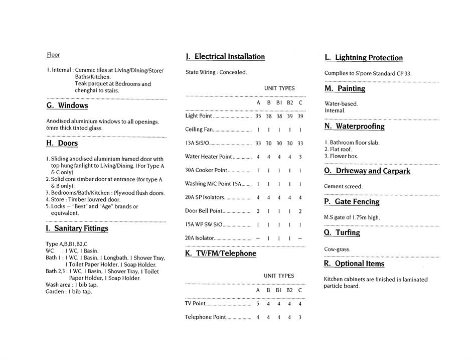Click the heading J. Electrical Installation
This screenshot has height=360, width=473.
[x=225, y=57]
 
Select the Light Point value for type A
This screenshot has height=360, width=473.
[x=258, y=116]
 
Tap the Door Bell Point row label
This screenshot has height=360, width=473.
[x=204, y=211]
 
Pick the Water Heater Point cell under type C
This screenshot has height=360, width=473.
[x=300, y=157]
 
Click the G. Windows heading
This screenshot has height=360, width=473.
[x=67, y=105]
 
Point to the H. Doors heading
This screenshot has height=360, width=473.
[x=62, y=143]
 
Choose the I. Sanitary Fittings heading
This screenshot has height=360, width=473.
[x=77, y=228]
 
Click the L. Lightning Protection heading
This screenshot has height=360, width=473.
[x=364, y=58]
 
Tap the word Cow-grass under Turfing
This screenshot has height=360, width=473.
[x=337, y=249]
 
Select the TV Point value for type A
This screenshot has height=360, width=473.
[x=258, y=303]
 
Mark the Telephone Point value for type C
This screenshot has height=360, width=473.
[x=300, y=317]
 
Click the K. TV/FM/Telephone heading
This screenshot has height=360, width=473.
[x=221, y=254]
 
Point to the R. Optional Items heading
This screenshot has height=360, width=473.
[x=354, y=264]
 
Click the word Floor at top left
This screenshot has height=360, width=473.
[x=53, y=55]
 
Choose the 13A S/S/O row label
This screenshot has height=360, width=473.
[x=197, y=143]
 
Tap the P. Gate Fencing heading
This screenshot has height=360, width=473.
[x=352, y=202]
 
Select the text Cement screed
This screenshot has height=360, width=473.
[x=343, y=186]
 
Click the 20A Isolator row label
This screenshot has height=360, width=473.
[x=200, y=238]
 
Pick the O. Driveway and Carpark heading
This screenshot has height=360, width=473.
[x=367, y=171]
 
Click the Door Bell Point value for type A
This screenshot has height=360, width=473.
[x=258, y=211]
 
